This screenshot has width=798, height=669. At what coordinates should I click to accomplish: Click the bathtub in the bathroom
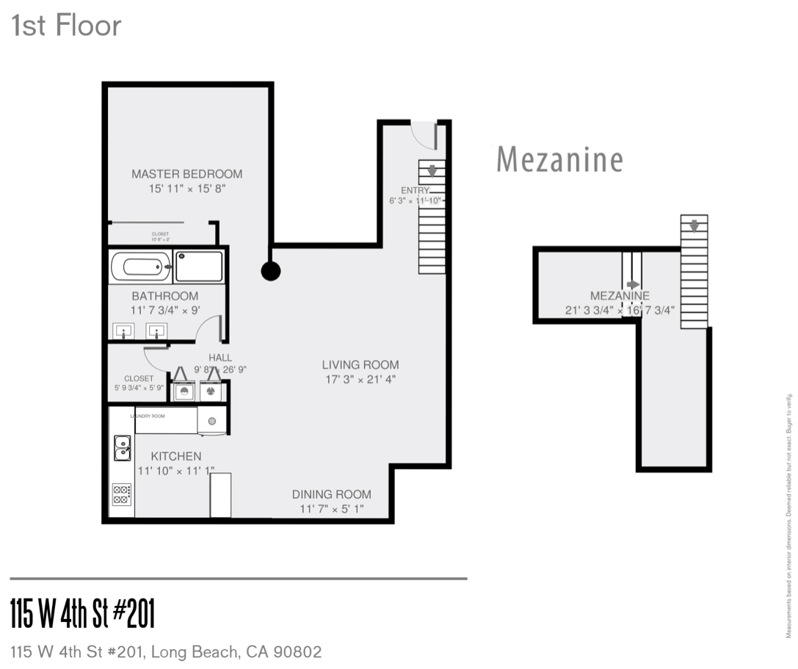coord(141,266)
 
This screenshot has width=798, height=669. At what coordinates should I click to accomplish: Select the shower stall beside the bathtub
coord(199,266)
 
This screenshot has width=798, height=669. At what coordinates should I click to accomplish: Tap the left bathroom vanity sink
coord(123,332)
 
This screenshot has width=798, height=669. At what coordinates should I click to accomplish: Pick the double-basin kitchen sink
coord(122,447)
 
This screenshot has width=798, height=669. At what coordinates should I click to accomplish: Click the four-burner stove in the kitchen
coord(122,493)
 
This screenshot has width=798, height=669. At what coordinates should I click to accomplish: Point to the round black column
coord(271,271)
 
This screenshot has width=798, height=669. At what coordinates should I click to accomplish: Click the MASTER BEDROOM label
coord(186,174)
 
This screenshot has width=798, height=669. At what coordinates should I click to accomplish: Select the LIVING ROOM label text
coord(360,364)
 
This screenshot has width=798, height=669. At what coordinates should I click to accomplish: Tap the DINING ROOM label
coord(332,494)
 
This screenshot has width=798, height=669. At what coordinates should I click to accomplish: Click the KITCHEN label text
coord(176,456)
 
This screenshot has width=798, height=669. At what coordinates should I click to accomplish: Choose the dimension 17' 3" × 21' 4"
coord(360,380)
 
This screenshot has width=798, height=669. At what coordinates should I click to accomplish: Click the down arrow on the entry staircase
coord(432,171)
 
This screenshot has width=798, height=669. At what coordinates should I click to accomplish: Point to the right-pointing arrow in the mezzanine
coord(633,284)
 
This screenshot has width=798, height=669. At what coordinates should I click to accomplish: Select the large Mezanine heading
coord(559,159)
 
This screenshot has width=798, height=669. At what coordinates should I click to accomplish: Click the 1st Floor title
coord(66,26)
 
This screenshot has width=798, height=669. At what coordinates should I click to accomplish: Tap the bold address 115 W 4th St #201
coord(83,613)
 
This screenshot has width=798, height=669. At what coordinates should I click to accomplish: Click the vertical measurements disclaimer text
coord(790,515)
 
